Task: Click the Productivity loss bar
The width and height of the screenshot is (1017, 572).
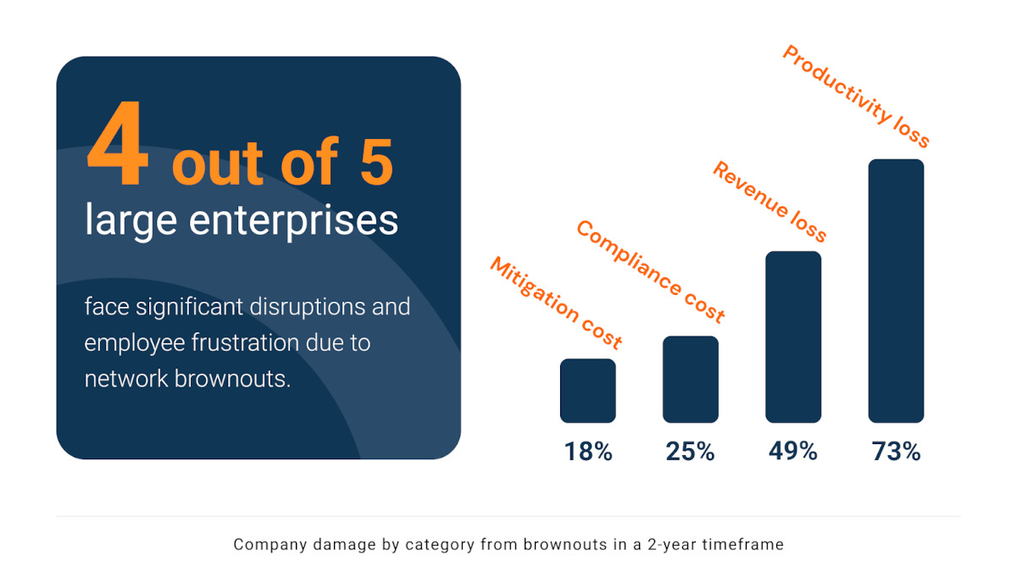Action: [896, 291]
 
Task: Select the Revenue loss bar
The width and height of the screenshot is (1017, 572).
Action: [793, 336]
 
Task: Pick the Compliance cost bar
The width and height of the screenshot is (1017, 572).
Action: [691, 379]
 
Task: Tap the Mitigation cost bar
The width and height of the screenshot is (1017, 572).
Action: [588, 390]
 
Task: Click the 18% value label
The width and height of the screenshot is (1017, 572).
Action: [588, 452]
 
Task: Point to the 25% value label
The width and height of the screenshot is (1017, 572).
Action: [691, 452]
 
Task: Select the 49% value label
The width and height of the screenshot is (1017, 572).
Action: [793, 452]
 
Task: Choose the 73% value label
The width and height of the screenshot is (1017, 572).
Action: [896, 452]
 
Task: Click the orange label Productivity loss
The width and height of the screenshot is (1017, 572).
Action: [856, 96]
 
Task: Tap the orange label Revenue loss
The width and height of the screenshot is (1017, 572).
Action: [770, 202]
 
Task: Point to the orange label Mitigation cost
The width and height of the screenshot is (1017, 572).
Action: [556, 303]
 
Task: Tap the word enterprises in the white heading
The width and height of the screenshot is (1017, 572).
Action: [294, 220]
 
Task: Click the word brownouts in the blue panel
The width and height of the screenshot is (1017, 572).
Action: [231, 378]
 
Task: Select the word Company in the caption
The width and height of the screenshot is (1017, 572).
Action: [267, 544]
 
